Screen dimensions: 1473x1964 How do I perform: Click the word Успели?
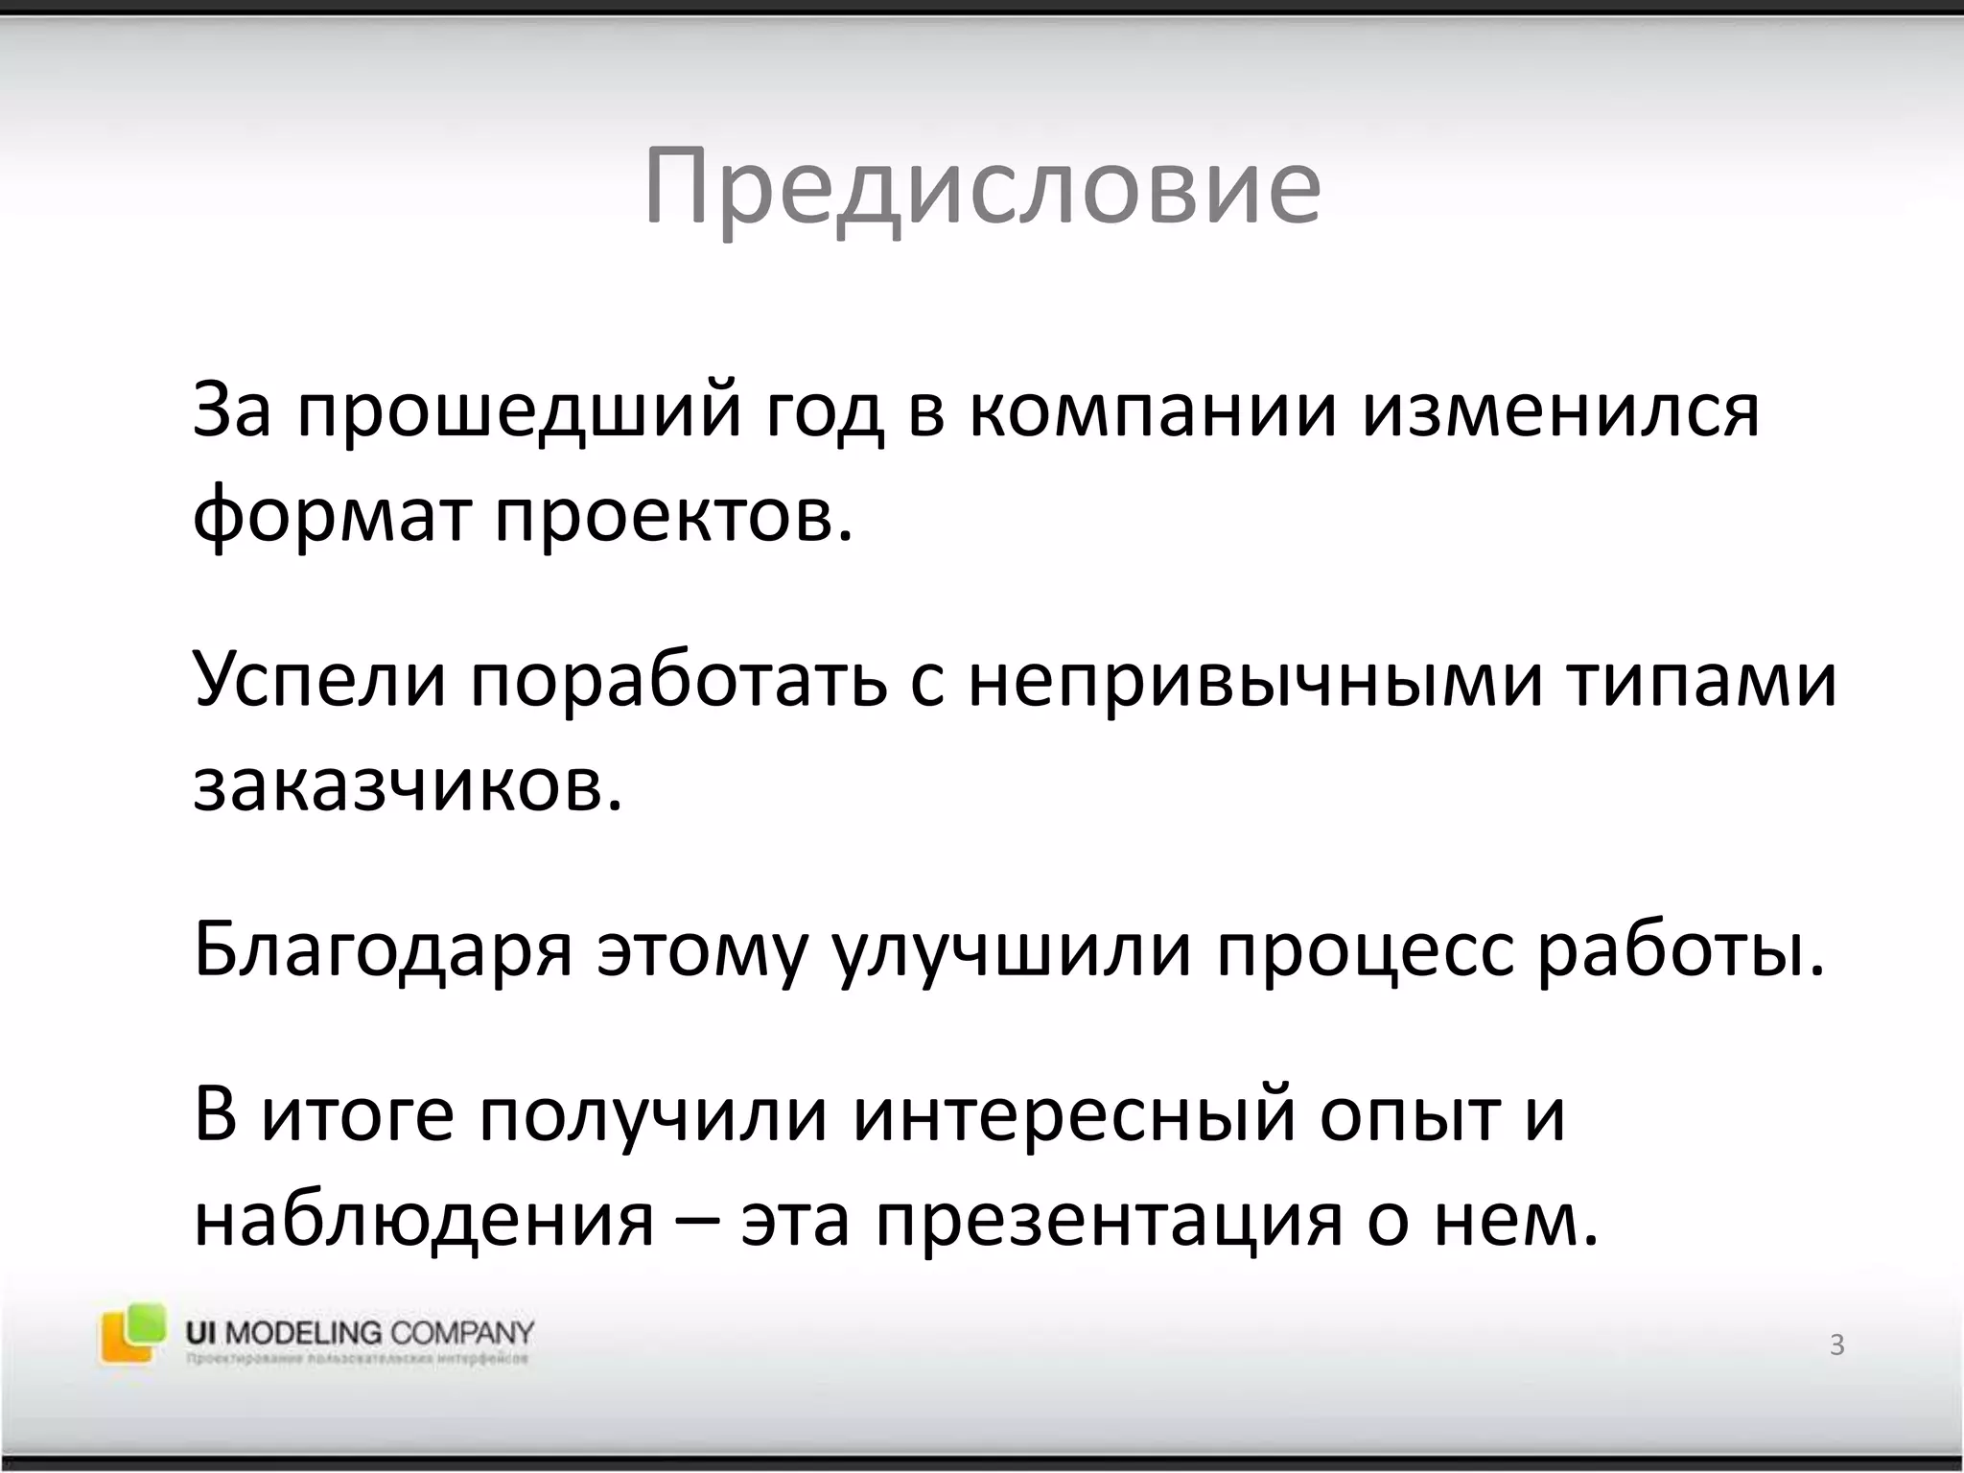point(320,681)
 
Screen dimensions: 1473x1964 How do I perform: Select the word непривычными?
point(1256,681)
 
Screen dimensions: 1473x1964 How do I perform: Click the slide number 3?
point(1836,1345)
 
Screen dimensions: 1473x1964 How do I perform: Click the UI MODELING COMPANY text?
point(359,1333)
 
